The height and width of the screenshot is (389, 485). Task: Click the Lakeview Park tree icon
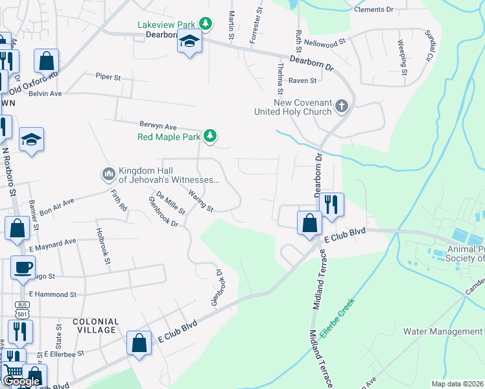click(206, 24)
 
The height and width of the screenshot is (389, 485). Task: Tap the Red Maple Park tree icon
click(209, 136)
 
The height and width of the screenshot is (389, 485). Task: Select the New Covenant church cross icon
click(342, 106)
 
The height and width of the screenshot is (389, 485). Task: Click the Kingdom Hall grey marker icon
click(108, 174)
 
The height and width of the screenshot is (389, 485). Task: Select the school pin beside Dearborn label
click(189, 42)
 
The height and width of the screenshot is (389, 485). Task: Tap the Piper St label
click(108, 77)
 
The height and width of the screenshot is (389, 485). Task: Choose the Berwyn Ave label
click(158, 126)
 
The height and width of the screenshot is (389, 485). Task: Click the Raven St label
click(302, 80)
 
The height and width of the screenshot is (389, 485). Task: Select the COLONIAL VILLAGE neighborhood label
click(96, 325)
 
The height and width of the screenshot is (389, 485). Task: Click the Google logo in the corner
click(21, 382)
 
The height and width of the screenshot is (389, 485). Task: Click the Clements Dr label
click(373, 10)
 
